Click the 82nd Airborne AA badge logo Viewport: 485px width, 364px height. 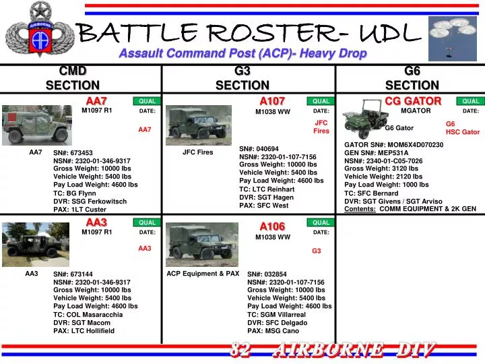pyautogui.click(x=37, y=32)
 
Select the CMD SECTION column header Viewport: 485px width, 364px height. pyautogui.click(x=73, y=78)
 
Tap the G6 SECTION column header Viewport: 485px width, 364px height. pyautogui.click(x=412, y=78)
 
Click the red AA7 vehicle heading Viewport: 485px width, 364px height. pyautogui.click(x=96, y=101)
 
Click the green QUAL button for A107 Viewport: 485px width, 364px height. pyautogui.click(x=321, y=101)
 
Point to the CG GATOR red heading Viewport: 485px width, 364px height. pyautogui.click(x=413, y=101)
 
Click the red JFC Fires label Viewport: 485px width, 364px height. pyautogui.click(x=321, y=127)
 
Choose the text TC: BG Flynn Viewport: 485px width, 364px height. pyautogui.click(x=75, y=193)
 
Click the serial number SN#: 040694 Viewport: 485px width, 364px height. pyautogui.click(x=259, y=148)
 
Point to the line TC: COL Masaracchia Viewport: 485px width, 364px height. pyautogui.click(x=88, y=315)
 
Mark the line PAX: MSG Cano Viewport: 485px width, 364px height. pyautogui.click(x=273, y=331)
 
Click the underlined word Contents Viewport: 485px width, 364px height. pyautogui.click(x=360, y=209)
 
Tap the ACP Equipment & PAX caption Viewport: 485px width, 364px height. pyautogui.click(x=203, y=274)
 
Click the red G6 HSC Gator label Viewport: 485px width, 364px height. pyautogui.click(x=462, y=128)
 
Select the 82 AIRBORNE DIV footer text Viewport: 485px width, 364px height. pyautogui.click(x=333, y=349)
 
